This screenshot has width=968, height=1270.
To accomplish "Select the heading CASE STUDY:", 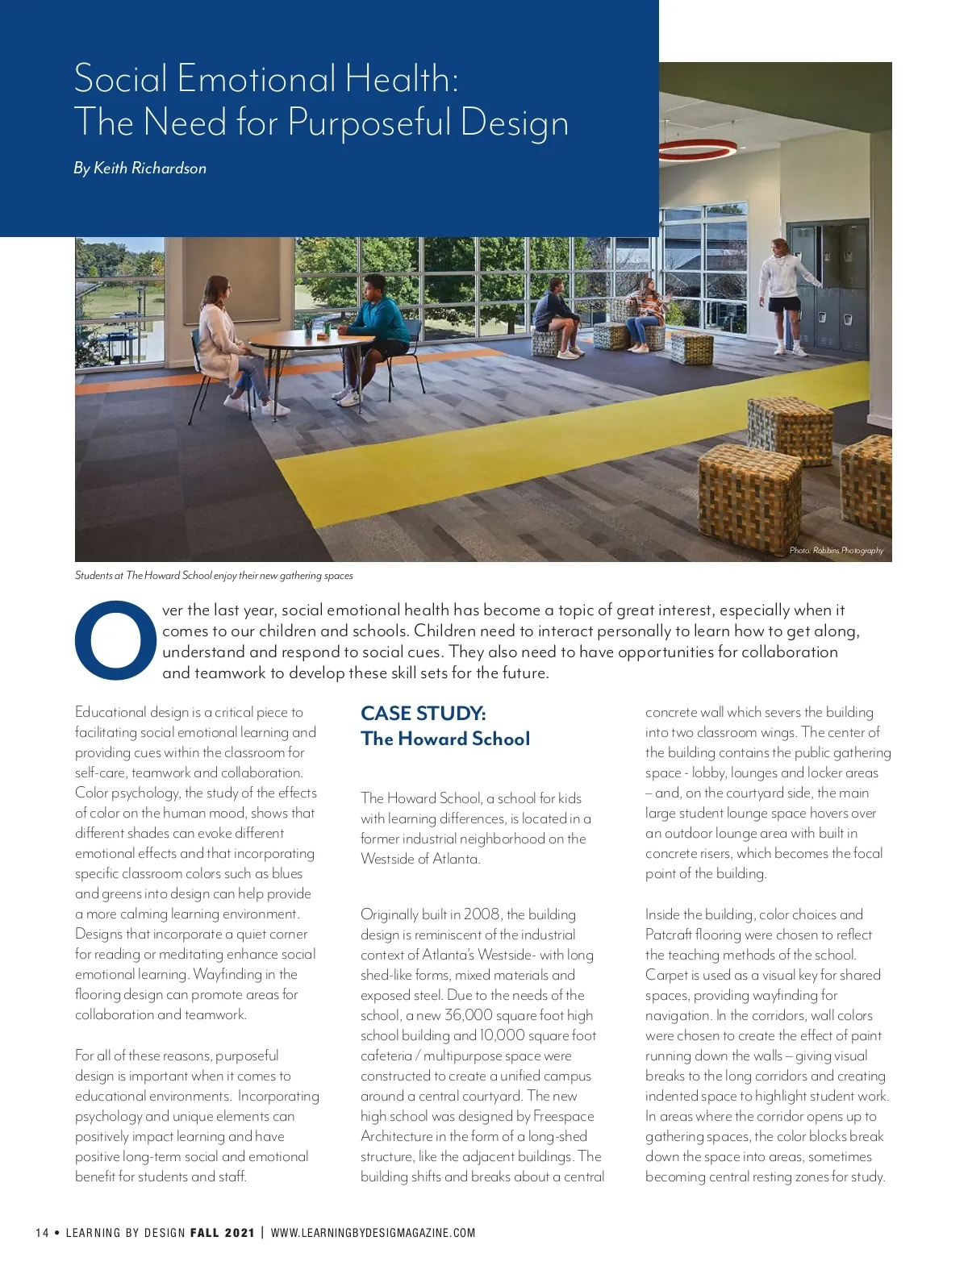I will pyautogui.click(x=423, y=713).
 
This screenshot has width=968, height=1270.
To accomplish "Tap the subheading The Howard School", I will pyautogui.click(x=445, y=739).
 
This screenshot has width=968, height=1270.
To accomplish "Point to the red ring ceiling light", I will pyautogui.click(x=697, y=148).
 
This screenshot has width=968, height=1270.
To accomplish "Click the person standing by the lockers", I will pyautogui.click(x=780, y=294).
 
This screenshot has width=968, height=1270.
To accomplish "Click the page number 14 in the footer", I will pyautogui.click(x=42, y=1232).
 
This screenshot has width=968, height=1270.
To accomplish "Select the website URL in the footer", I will pyautogui.click(x=373, y=1232).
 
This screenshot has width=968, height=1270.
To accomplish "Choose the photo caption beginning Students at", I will pyautogui.click(x=214, y=576).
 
